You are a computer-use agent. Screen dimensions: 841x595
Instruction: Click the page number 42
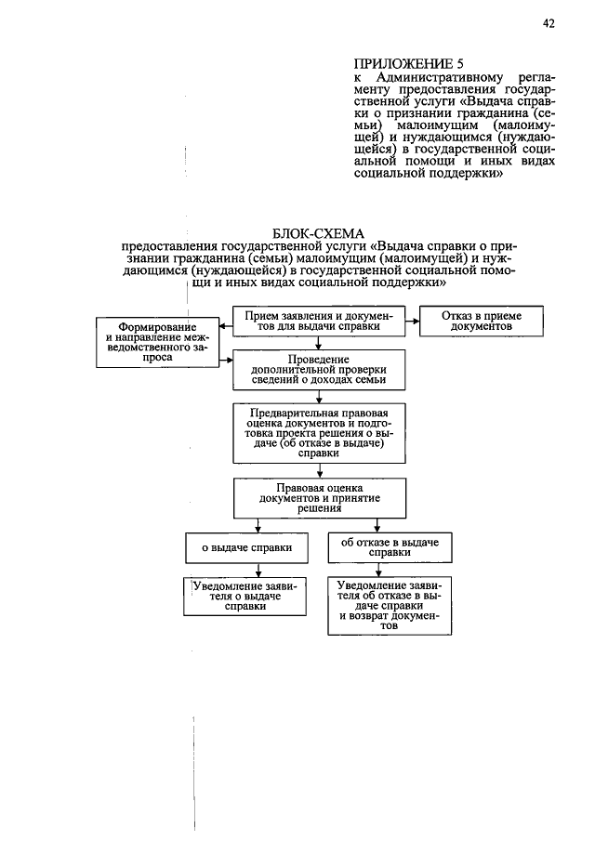tap(549, 24)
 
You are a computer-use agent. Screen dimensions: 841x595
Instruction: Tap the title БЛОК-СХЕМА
tap(318, 232)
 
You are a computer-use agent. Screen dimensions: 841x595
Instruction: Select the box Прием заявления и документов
tap(320, 322)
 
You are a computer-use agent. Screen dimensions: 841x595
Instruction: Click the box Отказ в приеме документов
tap(475, 322)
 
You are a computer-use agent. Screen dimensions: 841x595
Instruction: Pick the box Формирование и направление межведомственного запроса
tap(157, 342)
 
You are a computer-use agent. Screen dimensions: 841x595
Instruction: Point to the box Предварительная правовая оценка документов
tap(320, 432)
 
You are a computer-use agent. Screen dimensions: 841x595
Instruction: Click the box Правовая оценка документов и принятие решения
tap(320, 498)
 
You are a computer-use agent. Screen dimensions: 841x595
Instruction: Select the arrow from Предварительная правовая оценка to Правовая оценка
tap(320, 470)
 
